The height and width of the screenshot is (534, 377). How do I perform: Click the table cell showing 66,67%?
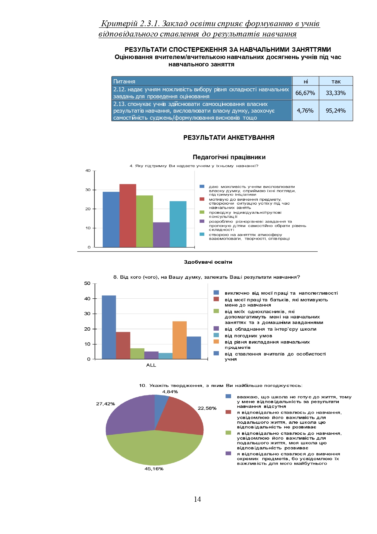point(305,93)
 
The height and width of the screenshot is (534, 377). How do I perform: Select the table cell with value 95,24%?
point(336,111)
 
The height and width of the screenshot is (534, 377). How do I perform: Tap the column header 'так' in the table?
point(336,81)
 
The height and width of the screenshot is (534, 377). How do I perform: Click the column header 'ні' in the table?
point(306,81)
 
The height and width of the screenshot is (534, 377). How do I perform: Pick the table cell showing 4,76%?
point(305,111)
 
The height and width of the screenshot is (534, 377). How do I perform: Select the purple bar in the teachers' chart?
point(161,235)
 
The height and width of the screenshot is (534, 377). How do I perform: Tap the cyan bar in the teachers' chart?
point(178,224)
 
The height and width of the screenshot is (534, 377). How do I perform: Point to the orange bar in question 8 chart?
point(179,340)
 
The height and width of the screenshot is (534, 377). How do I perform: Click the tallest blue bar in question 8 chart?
point(109,327)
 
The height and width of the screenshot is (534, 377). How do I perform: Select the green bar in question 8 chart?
point(137,354)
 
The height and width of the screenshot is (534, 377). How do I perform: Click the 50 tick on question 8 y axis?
point(87,283)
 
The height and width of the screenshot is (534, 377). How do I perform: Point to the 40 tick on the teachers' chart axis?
point(88,170)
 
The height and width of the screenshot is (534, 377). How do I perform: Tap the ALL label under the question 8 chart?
point(151,365)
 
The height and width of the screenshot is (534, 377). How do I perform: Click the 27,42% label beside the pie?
point(105,404)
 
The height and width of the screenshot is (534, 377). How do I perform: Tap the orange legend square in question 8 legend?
point(216,342)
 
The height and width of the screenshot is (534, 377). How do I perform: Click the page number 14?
point(197,499)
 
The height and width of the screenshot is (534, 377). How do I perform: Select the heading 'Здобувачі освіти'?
point(208,262)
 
